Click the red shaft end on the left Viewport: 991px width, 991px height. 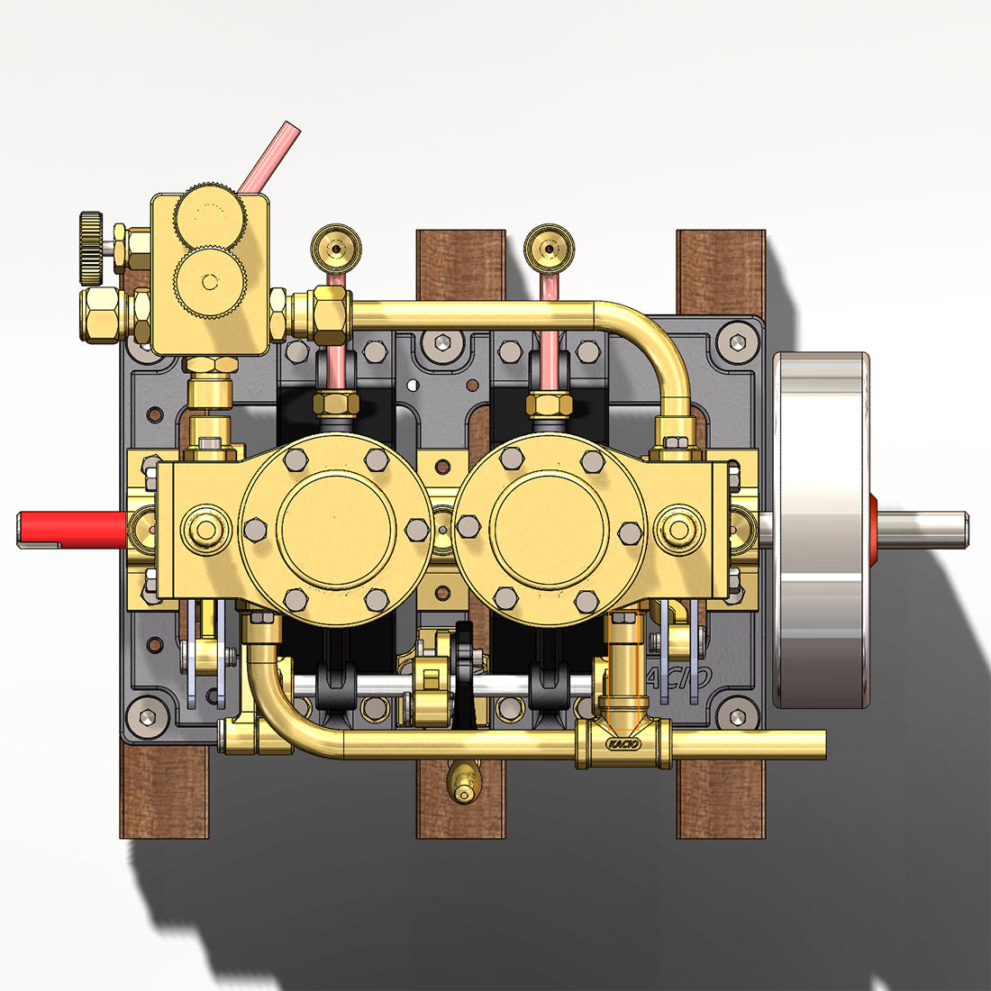pos(72,529)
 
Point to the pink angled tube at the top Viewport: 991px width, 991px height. pos(268,157)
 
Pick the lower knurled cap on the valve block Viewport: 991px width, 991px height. pos(209,282)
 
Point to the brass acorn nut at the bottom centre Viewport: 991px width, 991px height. pos(463,782)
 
